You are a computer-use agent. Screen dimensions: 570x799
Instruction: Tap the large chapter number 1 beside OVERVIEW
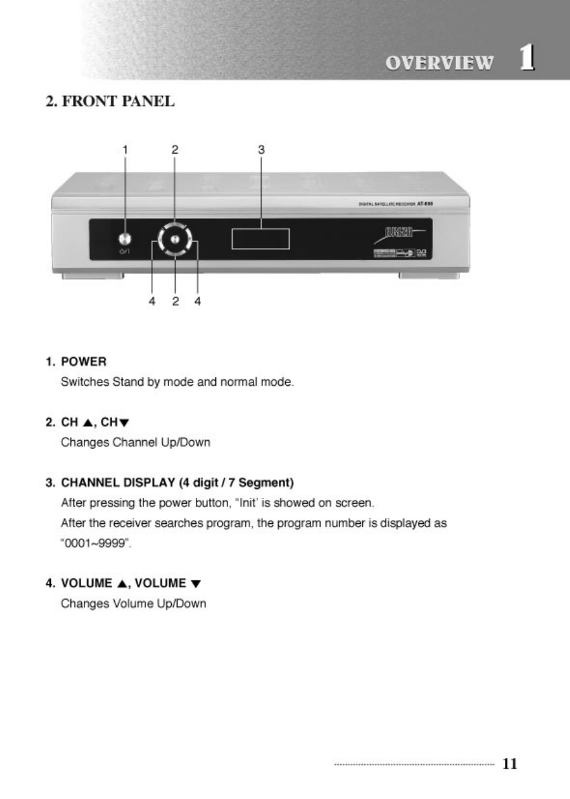point(528,59)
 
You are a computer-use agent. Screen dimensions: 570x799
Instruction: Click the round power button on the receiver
point(124,238)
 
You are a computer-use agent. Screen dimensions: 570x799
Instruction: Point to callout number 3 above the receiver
point(262,150)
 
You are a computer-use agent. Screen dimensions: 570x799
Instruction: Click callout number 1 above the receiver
point(124,150)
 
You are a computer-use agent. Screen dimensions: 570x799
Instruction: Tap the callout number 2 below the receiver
point(175,301)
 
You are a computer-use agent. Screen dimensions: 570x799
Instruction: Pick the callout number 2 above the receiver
point(174,150)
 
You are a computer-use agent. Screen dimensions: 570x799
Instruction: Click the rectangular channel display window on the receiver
point(261,238)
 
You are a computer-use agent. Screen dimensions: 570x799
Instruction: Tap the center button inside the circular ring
point(174,238)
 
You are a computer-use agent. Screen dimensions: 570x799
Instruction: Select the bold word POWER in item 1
point(84,362)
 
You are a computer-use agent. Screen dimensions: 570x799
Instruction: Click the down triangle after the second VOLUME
point(195,583)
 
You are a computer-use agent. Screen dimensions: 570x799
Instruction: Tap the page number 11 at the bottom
point(510,763)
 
